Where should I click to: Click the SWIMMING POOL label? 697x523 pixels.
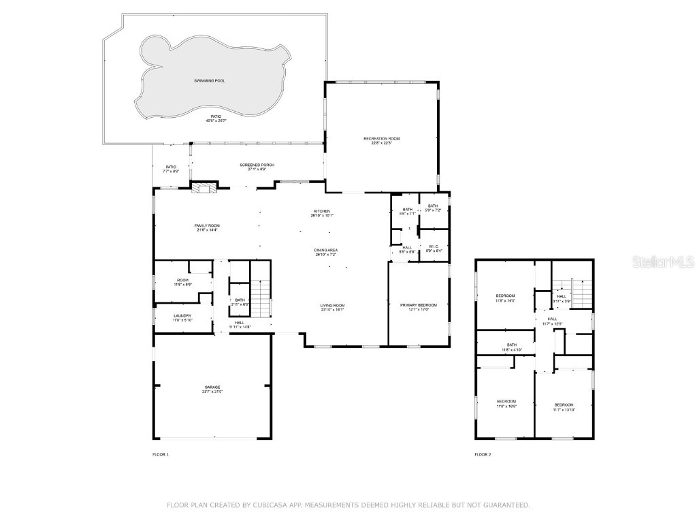[209, 80]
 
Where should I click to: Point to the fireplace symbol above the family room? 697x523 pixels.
[204, 188]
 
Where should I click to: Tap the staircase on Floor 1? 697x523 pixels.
[261, 298]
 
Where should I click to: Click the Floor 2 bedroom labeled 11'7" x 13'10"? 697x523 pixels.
[564, 407]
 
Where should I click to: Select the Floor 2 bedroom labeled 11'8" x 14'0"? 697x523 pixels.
[505, 297]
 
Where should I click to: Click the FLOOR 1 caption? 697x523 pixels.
[160, 454]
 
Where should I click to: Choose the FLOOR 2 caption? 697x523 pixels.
[483, 454]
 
